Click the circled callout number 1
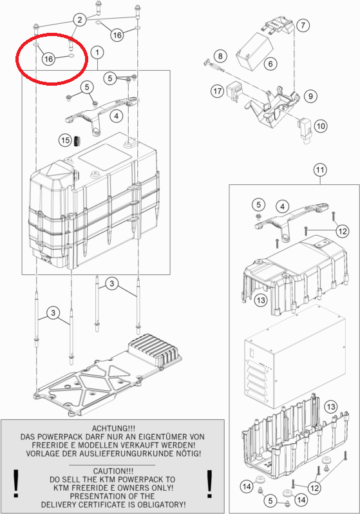97,52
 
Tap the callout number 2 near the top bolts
80,20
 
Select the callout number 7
303,25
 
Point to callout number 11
320,170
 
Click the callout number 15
65,140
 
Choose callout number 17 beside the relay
218,91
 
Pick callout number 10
321,126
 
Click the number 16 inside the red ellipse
48,59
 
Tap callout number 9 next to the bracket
310,96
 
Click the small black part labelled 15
78,141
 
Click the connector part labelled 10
305,129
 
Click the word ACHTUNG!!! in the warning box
113,428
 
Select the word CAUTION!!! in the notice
113,471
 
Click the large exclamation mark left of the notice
15,484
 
